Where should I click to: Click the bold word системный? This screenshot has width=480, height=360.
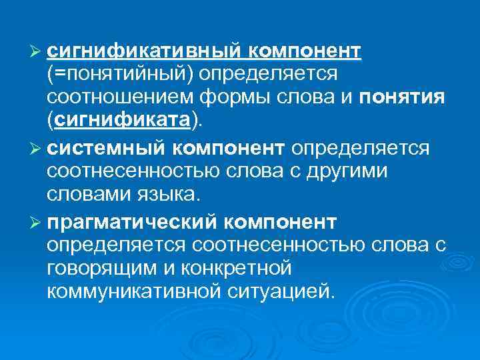118,147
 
